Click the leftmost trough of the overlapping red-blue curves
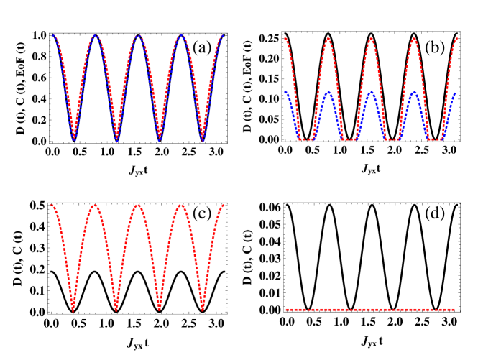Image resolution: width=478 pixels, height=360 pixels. [x=73, y=139]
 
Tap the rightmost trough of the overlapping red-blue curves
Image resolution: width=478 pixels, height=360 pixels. [x=203, y=139]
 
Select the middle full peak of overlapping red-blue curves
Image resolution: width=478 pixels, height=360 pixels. [x=138, y=35]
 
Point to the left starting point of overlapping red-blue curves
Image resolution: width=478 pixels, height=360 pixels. [x=52, y=35]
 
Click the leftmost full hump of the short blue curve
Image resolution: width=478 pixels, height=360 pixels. [x=328, y=92]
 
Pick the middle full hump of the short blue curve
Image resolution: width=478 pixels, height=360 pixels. [x=371, y=92]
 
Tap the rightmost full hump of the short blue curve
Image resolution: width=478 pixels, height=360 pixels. [x=414, y=92]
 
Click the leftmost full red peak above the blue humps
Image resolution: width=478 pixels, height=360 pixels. [x=328, y=37]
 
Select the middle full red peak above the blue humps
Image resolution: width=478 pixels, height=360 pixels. [x=371, y=37]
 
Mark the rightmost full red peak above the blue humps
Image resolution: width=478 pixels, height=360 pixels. [x=414, y=37]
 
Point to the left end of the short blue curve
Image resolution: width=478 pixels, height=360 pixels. [x=286, y=92]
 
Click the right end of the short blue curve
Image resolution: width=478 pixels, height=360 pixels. [x=455, y=93]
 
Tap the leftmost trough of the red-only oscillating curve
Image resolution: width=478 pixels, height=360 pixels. [x=73, y=310]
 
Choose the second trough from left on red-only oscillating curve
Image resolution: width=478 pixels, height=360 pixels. [x=116, y=310]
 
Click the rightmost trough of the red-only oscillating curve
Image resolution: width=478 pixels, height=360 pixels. [x=203, y=310]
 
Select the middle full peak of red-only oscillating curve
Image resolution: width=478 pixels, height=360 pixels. [x=138, y=205]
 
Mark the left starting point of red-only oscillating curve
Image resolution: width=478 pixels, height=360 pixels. [x=52, y=205]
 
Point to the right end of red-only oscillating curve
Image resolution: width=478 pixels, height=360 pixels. [x=224, y=205]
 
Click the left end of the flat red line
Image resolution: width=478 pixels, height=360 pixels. [x=286, y=310]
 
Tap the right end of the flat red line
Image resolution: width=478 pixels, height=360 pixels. [x=455, y=310]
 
